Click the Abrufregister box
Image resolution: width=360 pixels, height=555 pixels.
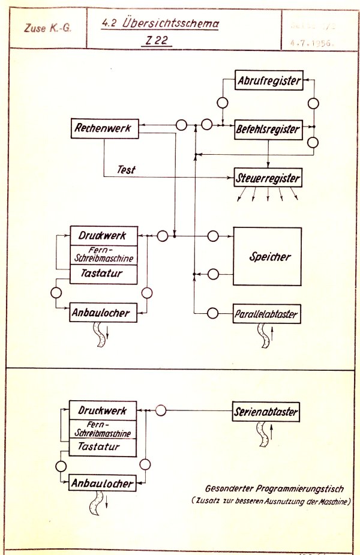tap(268, 81)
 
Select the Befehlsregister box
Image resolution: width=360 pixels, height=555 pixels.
tap(267, 128)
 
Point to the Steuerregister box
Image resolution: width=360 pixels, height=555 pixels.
tap(267, 178)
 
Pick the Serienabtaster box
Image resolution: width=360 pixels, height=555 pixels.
tap(265, 412)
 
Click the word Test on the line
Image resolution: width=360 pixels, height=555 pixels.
tap(127, 170)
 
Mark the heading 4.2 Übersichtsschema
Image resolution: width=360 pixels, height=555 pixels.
tap(160, 25)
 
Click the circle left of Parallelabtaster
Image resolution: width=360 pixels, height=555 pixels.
tap(211, 313)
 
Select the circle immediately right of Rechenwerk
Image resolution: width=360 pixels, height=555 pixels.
tap(182, 126)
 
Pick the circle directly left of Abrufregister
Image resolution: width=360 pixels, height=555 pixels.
tap(222, 102)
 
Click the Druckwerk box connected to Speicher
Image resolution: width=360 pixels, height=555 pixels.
tap(104, 236)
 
